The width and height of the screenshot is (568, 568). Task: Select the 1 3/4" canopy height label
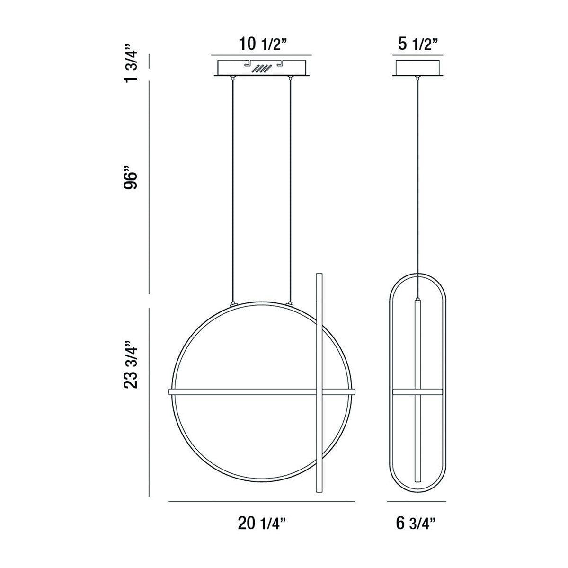click(131, 64)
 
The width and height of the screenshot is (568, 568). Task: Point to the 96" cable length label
click(131, 178)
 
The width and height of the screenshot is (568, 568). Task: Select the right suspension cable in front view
click(289, 189)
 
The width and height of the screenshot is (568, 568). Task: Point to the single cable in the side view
click(417, 189)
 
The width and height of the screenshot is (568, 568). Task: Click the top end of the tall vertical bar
click(319, 275)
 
